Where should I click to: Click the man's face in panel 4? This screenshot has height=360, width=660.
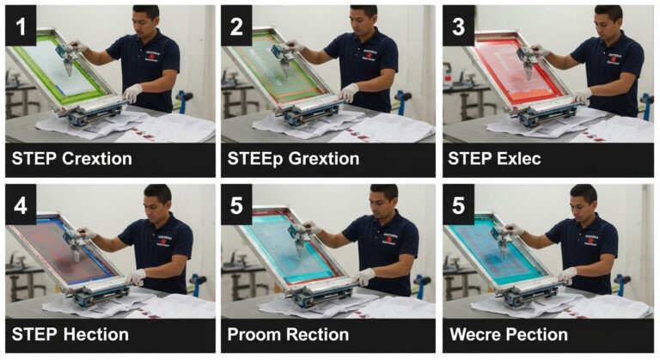[x=156, y=201]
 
